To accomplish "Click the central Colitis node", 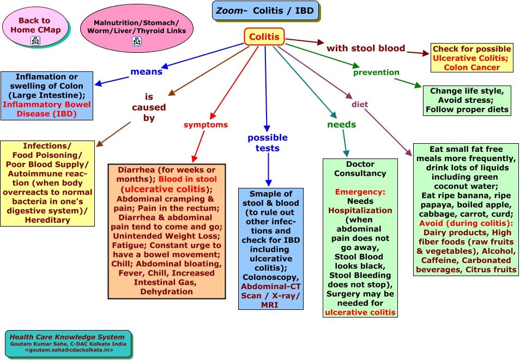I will click(264, 37).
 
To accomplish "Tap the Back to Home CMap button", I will click(34, 25).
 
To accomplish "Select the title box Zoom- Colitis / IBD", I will click(265, 10).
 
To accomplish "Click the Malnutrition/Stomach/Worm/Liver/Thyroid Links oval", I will click(136, 27).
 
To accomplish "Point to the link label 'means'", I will click(146, 71).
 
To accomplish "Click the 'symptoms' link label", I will click(205, 125).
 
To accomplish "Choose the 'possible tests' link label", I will click(267, 143).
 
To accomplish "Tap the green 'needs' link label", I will click(341, 124).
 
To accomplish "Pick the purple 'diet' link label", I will click(360, 104).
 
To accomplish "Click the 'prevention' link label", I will click(376, 72).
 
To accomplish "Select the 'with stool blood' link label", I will click(366, 48).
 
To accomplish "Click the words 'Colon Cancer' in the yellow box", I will click(472, 68).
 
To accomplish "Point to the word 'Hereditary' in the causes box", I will click(47, 220).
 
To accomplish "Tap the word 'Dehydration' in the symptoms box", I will click(166, 291).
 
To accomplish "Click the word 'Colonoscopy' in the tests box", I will click(270, 277).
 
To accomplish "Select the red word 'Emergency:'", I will click(360, 192).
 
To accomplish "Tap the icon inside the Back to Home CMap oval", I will click(36, 40).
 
